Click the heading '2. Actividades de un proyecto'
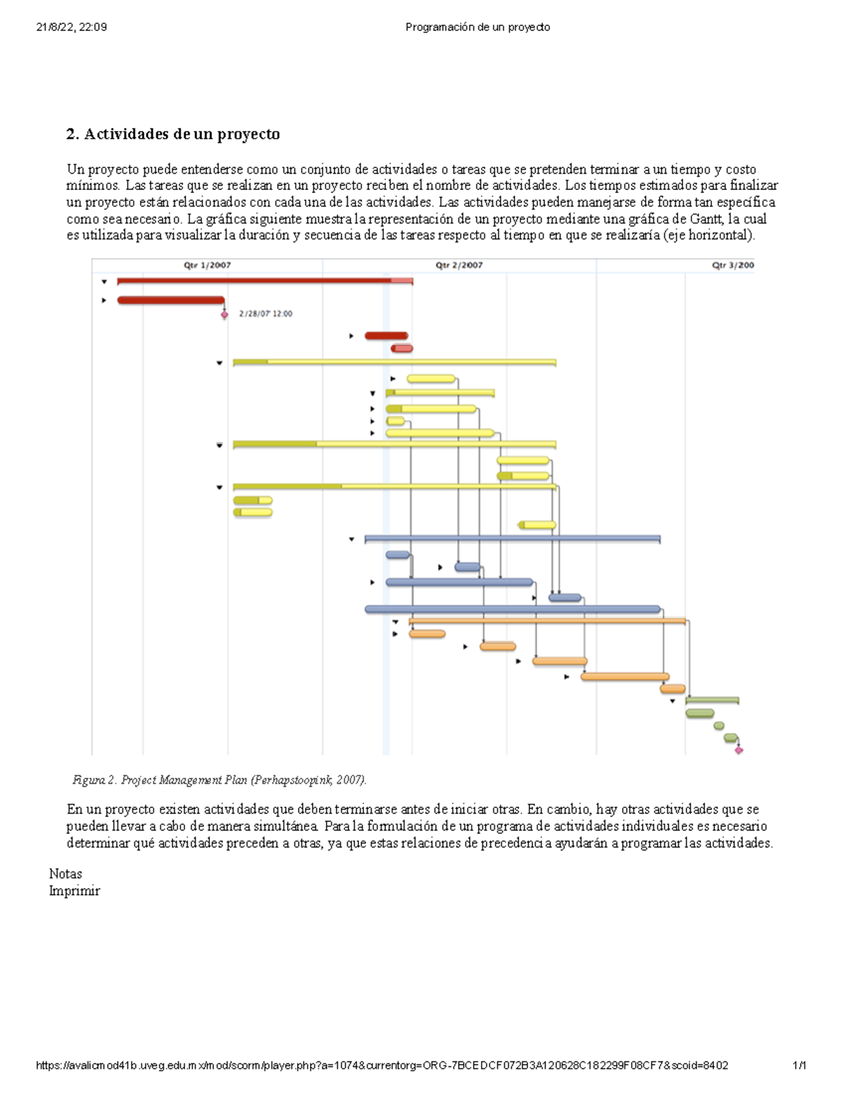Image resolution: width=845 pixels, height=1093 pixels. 173,134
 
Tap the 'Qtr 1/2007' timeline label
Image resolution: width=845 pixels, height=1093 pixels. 207,265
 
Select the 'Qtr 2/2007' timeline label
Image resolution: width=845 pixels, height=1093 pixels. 459,265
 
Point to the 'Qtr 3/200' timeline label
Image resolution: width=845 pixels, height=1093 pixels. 732,265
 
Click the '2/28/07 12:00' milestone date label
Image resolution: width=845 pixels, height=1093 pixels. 265,314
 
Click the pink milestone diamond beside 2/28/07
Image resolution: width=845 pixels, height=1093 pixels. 225,315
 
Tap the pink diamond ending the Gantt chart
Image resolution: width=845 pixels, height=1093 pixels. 739,750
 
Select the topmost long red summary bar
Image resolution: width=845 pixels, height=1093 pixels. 264,281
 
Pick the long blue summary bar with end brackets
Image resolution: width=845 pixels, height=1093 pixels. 512,539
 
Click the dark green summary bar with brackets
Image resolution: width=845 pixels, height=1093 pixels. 712,700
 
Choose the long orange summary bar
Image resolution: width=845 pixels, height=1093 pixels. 547,621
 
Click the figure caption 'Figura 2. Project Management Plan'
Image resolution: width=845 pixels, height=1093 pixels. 219,780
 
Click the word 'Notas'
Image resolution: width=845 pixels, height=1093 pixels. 65,874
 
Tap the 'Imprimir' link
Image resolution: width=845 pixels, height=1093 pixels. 74,891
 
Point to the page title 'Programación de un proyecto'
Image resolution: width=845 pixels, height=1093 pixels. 477,27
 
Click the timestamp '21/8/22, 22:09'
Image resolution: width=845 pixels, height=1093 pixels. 72,27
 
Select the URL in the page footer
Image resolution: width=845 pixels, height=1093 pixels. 382,1066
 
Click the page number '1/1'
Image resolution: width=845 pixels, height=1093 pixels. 799,1066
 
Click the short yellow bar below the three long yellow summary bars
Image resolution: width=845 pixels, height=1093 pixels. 537,525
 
